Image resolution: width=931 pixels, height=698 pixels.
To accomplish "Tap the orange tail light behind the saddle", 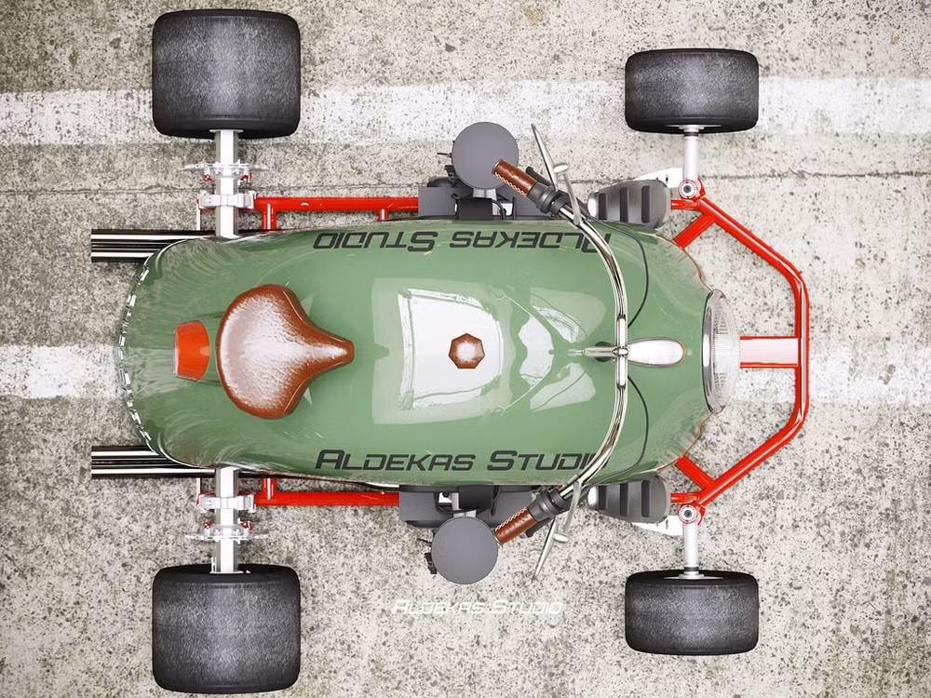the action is click(x=192, y=351).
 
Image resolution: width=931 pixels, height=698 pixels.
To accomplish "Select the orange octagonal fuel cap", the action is click(x=466, y=351).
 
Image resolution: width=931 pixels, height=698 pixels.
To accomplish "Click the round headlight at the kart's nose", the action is click(x=721, y=352).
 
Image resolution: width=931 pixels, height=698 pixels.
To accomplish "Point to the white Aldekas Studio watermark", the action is click(x=478, y=607).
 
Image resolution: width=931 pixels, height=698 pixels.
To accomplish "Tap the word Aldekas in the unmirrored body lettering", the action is click(x=394, y=461).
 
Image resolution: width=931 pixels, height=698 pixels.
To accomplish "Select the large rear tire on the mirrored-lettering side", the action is click(x=226, y=74).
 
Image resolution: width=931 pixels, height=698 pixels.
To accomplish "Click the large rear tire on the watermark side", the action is click(x=226, y=628).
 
